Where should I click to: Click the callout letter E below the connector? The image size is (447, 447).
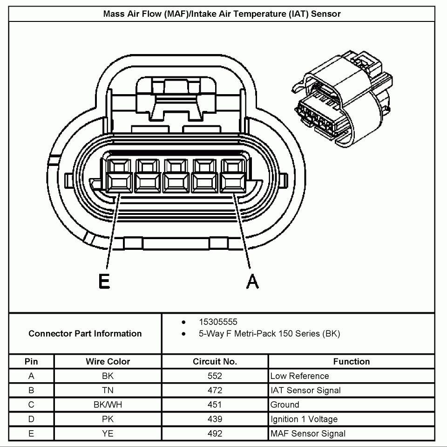tap(104, 281)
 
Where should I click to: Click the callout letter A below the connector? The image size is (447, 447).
tap(252, 281)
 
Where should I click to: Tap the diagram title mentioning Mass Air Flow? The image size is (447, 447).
tap(222, 14)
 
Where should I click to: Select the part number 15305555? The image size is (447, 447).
tap(218, 322)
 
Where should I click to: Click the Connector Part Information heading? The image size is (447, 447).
tap(85, 333)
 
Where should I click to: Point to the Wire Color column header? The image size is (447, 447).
tap(108, 361)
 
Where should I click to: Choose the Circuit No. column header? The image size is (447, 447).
tap(215, 361)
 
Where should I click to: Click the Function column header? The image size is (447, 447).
tap(352, 361)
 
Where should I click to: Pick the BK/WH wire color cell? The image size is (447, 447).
tap(108, 405)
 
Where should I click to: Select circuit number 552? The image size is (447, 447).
tap(215, 376)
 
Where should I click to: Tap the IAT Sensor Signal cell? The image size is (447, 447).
tap(305, 390)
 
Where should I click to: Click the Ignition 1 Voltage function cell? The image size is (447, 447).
tap(304, 419)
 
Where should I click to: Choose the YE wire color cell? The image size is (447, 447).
tap(108, 433)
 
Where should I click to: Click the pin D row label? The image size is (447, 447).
tap(31, 419)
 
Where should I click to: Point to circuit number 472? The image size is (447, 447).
tap(215, 390)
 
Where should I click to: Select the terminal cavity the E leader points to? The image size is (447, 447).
tap(119, 175)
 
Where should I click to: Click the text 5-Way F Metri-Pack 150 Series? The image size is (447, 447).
tap(269, 334)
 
